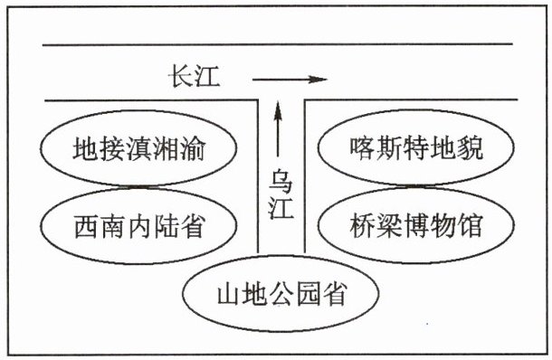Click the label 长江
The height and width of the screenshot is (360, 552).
194,76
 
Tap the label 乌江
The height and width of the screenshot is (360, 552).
281,194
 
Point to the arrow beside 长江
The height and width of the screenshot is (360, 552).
290,80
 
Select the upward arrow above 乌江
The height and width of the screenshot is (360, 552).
278,128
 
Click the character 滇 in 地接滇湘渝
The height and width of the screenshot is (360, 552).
139,148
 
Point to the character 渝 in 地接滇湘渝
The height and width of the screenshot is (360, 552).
192,148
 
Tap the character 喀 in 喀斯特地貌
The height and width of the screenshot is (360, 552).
363,147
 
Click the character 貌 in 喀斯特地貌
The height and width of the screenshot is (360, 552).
470,147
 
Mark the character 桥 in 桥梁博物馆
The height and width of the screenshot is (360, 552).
363,225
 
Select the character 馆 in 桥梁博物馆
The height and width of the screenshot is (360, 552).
469,225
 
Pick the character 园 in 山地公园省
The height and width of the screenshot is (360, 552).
309,293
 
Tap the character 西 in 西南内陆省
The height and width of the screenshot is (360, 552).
87,226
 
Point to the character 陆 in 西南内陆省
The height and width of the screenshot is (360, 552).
167,226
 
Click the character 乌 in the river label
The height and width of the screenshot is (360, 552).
281,181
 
